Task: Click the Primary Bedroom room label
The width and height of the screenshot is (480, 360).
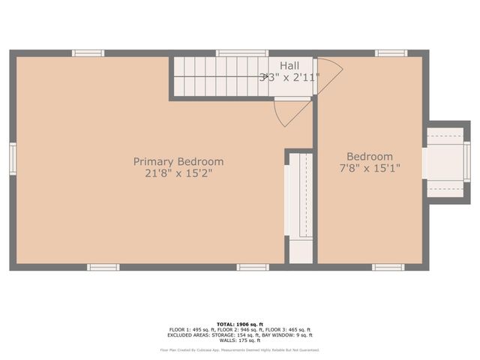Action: click(178, 161)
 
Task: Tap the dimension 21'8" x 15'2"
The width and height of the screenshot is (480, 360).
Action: click(178, 174)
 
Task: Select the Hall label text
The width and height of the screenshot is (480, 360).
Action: click(290, 66)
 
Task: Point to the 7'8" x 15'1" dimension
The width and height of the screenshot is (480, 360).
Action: click(370, 169)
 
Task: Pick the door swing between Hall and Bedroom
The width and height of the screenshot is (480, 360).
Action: click(329, 74)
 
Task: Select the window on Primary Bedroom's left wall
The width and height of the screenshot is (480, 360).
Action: click(13, 159)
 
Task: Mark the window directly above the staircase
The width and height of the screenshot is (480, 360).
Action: click(241, 53)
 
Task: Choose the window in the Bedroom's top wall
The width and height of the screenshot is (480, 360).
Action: click(391, 53)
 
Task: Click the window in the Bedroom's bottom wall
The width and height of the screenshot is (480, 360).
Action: click(388, 267)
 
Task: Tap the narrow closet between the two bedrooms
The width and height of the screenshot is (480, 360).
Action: click(300, 206)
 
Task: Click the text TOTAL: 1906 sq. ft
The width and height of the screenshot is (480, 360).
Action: click(240, 324)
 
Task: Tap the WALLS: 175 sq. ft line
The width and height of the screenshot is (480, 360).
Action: click(240, 340)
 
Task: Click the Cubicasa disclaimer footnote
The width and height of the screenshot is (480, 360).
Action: click(240, 349)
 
